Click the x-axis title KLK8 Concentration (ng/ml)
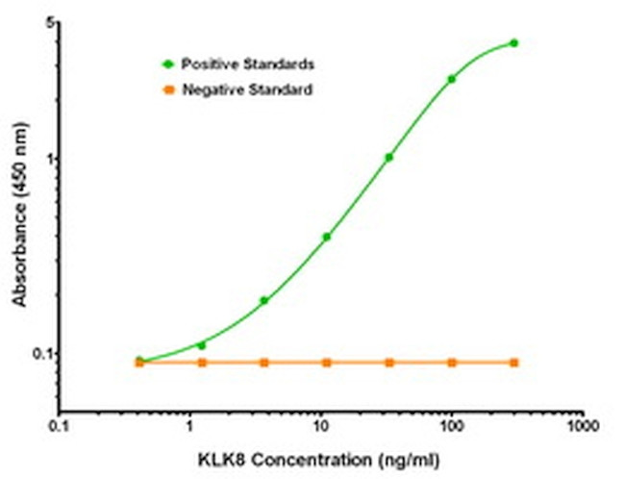pyautogui.click(x=320, y=458)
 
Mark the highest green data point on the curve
pyautogui.click(x=514, y=42)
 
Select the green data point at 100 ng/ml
pyautogui.click(x=452, y=79)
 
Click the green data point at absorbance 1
pyautogui.click(x=389, y=157)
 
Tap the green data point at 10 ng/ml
pyautogui.click(x=327, y=236)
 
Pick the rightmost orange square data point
pyautogui.click(x=514, y=363)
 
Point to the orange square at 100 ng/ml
pyautogui.click(x=452, y=363)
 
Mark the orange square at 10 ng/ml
pyautogui.click(x=327, y=363)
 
